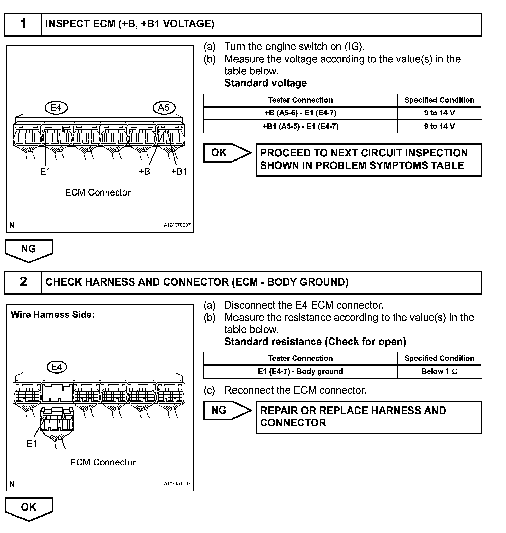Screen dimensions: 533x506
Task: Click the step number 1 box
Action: tap(23, 24)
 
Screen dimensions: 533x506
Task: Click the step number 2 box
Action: tap(23, 282)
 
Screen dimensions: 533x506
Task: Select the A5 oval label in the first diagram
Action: tap(164, 108)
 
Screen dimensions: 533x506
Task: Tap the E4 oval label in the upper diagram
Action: tap(56, 108)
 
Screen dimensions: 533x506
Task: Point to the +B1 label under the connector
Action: tap(179, 172)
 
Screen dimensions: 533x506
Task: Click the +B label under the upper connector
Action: tap(144, 172)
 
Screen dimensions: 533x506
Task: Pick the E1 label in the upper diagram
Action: tap(45, 172)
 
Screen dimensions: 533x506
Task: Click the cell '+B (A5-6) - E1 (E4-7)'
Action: tap(300, 113)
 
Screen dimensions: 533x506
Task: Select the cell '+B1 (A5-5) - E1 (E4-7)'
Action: tap(300, 126)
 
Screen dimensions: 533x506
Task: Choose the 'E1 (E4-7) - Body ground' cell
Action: tap(300, 371)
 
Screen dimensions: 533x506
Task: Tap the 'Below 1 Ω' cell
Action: tap(439, 371)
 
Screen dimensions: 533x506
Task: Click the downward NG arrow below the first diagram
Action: tap(29, 250)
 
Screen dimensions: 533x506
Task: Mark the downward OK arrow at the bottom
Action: tap(29, 508)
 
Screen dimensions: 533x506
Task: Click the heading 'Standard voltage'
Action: tap(265, 83)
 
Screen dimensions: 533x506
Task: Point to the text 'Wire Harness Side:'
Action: tap(52, 315)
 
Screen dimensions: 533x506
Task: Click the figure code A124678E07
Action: tap(177, 225)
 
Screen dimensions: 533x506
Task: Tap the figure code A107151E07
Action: tap(177, 484)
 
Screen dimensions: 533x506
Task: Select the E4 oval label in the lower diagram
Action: tap(57, 367)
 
